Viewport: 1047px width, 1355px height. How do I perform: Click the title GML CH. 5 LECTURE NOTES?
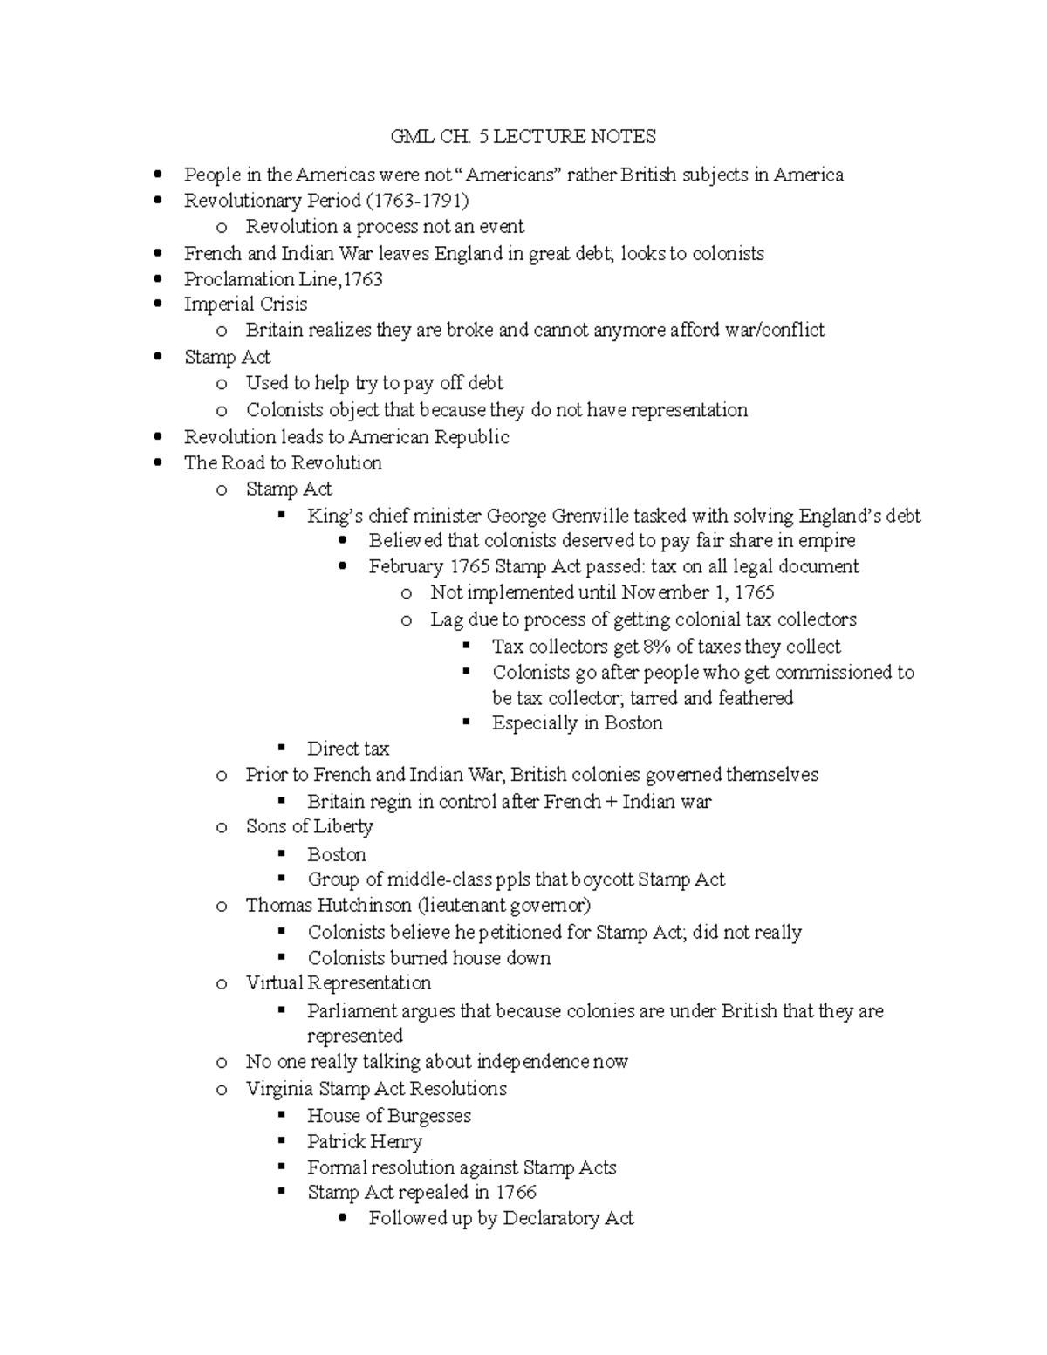point(523,136)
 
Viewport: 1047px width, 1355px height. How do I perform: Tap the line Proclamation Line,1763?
point(284,279)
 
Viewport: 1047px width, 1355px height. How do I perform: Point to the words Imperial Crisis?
point(245,305)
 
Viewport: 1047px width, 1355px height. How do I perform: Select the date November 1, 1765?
point(698,592)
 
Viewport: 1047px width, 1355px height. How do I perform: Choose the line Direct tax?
point(347,749)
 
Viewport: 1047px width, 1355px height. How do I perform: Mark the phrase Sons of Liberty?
point(309,826)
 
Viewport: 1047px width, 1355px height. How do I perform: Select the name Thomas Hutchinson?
point(328,906)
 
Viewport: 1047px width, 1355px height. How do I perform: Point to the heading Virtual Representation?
point(338,983)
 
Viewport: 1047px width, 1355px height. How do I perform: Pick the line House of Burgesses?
point(388,1116)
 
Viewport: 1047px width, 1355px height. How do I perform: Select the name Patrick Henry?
point(364,1142)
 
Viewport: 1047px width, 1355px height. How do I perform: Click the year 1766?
point(516,1193)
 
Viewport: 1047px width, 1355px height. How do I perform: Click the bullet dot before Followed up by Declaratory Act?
point(345,1218)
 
